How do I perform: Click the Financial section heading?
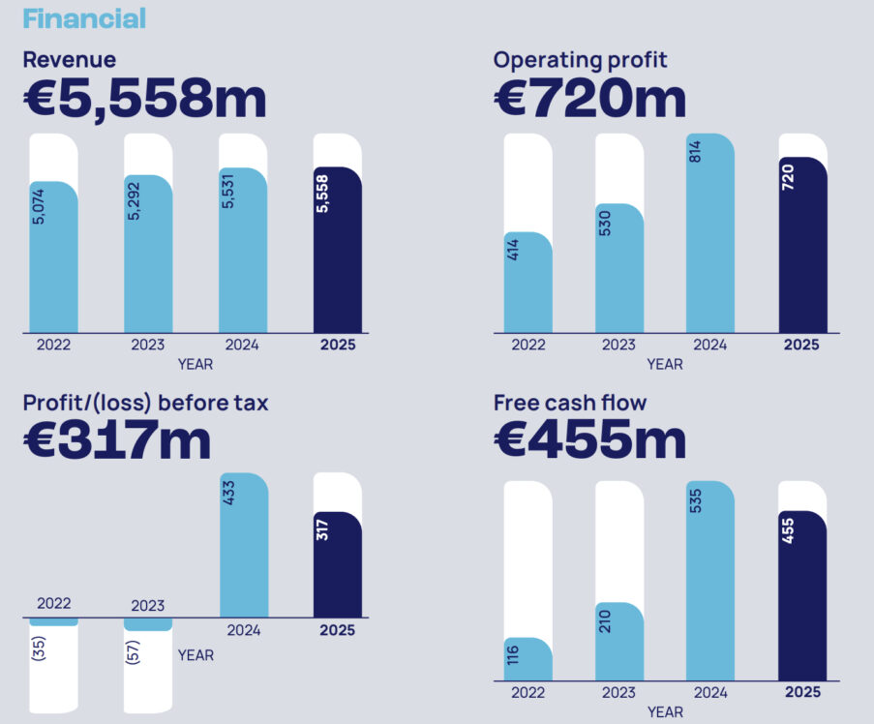pos(84,17)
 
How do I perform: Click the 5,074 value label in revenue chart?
pos(39,207)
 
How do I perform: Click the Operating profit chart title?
pos(580,60)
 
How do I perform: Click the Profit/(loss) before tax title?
pos(145,402)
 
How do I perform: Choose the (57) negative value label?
pos(133,653)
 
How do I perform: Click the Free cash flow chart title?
pos(570,402)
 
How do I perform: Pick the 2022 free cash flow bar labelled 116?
pos(527,660)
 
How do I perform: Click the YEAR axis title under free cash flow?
pos(664,712)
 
